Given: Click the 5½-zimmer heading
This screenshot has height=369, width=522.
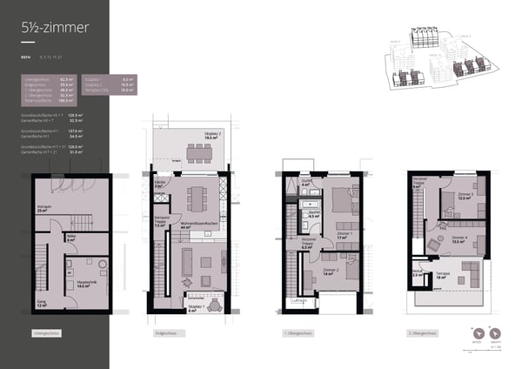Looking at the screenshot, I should pos(55,28).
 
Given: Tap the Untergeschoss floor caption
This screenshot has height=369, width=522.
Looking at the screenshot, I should pos(46,333).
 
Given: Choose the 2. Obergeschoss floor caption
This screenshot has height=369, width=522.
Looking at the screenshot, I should pos(422,333).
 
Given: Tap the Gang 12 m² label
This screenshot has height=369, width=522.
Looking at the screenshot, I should pos(42,305).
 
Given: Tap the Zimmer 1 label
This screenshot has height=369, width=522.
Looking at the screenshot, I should pos(345,234).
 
